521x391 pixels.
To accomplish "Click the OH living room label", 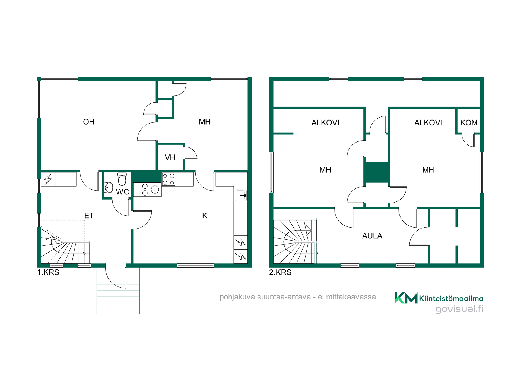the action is pyautogui.click(x=89, y=122).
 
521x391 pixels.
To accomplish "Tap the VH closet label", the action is pyautogui.click(x=170, y=157).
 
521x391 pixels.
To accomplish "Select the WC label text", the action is pyautogui.click(x=122, y=192).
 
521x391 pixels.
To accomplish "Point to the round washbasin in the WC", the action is pyautogui.click(x=109, y=187).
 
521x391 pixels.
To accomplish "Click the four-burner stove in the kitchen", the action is pyautogui.click(x=169, y=179).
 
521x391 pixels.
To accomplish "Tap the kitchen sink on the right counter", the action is pyautogui.click(x=241, y=195).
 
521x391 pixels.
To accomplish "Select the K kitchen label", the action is pyautogui.click(x=205, y=216).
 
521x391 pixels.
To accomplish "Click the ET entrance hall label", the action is pyautogui.click(x=89, y=216).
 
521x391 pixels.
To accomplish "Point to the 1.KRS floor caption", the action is pyautogui.click(x=48, y=272).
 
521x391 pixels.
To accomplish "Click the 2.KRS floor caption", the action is pyautogui.click(x=280, y=272).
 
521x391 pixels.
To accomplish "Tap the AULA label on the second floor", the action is pyautogui.click(x=372, y=236).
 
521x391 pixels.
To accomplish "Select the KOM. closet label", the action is pyautogui.click(x=470, y=123).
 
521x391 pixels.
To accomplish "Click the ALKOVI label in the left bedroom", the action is pyautogui.click(x=325, y=123).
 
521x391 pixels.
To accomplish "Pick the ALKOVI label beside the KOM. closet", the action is pyautogui.click(x=428, y=123).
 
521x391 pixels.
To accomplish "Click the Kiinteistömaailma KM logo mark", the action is pyautogui.click(x=406, y=298).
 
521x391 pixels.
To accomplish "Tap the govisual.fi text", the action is pyautogui.click(x=459, y=309).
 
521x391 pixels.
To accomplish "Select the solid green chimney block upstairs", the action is pyautogui.click(x=377, y=172).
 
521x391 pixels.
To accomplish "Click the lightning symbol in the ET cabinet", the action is pyautogui.click(x=48, y=179).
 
